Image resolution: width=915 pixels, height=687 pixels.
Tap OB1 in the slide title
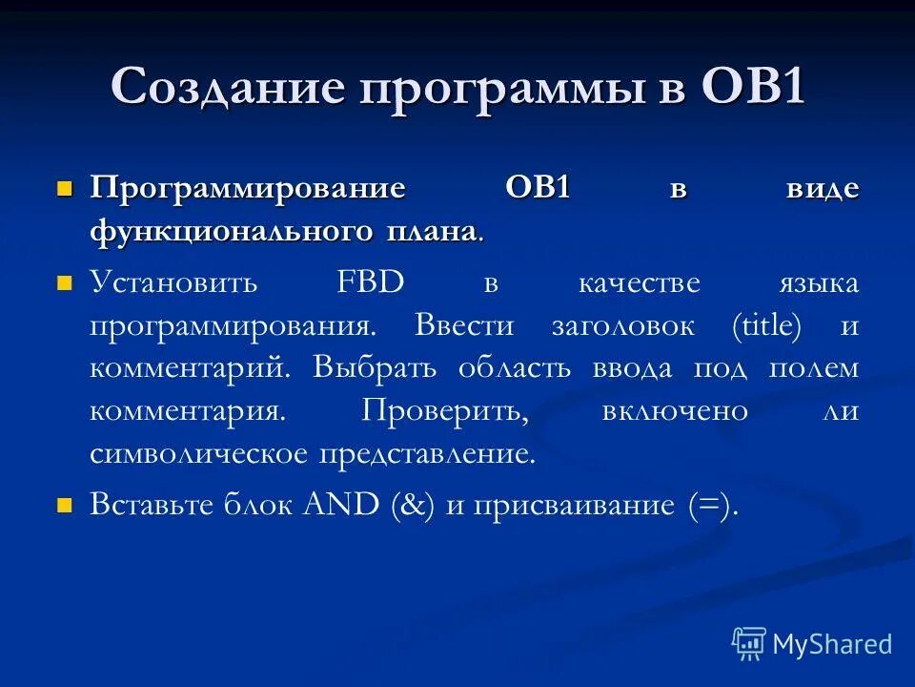[x=753, y=89]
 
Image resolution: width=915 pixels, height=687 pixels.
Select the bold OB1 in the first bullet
[x=538, y=188]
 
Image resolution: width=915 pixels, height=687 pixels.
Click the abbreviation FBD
[x=371, y=282]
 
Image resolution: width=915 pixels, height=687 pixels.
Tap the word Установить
[x=173, y=282]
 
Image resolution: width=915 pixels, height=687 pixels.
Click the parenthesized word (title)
[x=767, y=325]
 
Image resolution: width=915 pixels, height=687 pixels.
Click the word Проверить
[x=445, y=411]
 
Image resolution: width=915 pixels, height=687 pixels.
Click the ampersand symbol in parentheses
[x=414, y=505]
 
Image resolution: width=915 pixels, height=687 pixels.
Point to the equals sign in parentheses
[x=710, y=505]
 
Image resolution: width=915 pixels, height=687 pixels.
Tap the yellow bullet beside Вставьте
[x=65, y=506]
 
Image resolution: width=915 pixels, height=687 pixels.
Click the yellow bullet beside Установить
[x=65, y=283]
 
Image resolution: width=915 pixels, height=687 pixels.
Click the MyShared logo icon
[x=749, y=643]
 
